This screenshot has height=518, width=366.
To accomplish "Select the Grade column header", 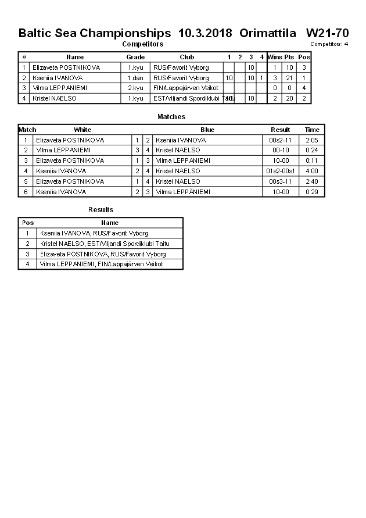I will point(135,57).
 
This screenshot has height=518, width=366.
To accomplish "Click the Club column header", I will point(187,57).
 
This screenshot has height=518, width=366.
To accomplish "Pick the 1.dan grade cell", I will point(135,78).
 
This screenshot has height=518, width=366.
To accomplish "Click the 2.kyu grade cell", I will point(135,88).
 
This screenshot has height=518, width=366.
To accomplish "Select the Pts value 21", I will point(289,78).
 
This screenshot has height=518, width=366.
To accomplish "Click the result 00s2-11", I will point(281,140).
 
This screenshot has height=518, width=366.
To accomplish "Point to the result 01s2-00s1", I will point(281,171).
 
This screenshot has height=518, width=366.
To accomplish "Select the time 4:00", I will point(312,171).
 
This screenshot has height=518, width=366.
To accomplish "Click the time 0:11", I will point(312,160).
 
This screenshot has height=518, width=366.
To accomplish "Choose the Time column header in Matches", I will point(312,130).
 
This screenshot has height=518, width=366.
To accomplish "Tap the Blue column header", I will point(207,130).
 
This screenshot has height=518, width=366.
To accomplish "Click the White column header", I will point(82,130).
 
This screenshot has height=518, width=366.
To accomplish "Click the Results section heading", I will point(101,210).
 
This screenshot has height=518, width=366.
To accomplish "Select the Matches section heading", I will point(171,117).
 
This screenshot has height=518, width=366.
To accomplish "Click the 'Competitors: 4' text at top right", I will point(329,44).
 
